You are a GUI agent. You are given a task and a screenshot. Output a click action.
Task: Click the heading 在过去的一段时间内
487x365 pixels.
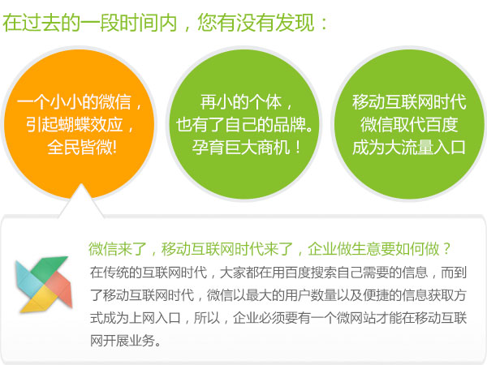point(90,23)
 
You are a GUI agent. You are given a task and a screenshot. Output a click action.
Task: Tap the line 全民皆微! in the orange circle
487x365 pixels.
point(82,147)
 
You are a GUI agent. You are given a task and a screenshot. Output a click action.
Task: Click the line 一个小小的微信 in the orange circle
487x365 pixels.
point(74,102)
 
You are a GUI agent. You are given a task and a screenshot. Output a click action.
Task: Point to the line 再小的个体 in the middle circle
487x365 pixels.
point(241,102)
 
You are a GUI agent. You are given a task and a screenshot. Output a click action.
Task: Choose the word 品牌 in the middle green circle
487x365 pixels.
point(289,124)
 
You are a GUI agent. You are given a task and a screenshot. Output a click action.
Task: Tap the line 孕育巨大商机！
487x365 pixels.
point(246,147)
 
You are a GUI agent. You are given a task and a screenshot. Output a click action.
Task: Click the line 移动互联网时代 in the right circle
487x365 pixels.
point(409,102)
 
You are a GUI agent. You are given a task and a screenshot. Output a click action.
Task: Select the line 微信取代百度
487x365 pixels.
point(409,124)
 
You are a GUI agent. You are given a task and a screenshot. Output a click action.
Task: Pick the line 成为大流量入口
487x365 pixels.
point(409,147)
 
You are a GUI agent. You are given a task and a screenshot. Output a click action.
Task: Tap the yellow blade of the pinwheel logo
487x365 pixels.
point(39,300)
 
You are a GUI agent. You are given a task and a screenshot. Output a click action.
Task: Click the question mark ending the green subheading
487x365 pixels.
point(446,249)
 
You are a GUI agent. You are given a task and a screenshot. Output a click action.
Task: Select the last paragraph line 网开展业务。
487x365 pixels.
point(126,341)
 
